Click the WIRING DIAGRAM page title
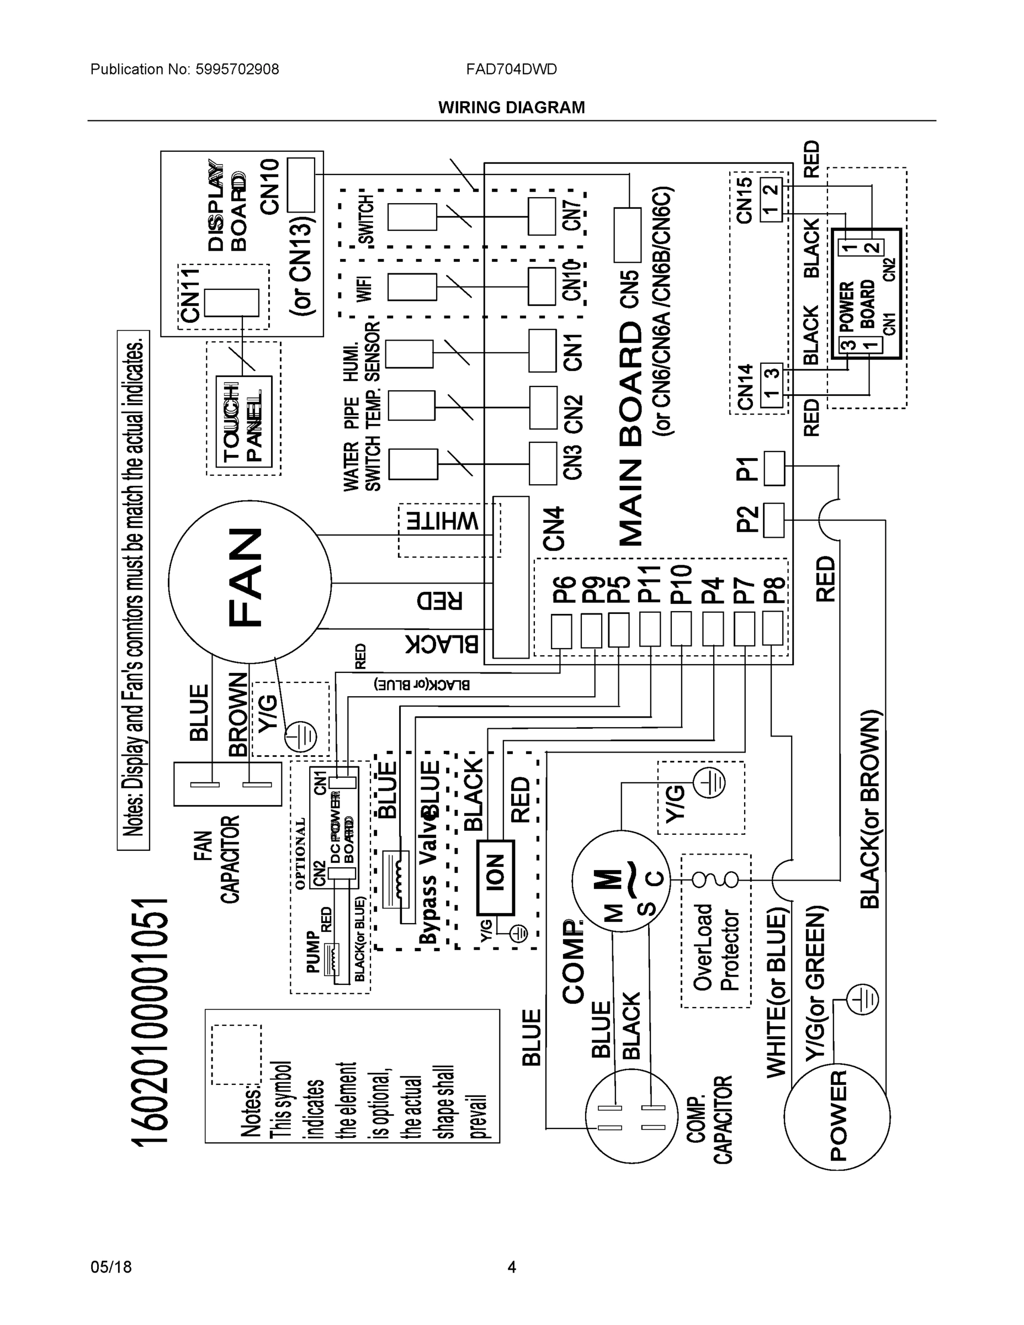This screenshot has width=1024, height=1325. pos(511,108)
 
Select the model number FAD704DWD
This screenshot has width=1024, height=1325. pos(511,69)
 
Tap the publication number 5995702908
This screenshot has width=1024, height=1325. pos(237,69)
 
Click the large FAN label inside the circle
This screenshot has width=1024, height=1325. pos(245,576)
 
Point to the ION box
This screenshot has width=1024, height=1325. pos(496,877)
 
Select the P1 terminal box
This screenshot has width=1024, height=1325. pos(773,468)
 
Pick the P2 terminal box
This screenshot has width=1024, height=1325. pos(773,520)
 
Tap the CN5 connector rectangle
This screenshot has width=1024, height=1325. pos(627,235)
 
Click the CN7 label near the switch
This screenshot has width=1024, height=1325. pos(572,215)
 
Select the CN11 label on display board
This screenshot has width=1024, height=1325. pos(190,296)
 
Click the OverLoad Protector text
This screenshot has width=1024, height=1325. pos(716,947)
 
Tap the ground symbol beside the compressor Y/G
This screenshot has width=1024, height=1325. pos(709,784)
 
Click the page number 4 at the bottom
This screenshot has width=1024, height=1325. pos(511,1267)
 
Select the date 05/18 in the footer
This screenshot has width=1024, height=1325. pos(111,1267)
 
